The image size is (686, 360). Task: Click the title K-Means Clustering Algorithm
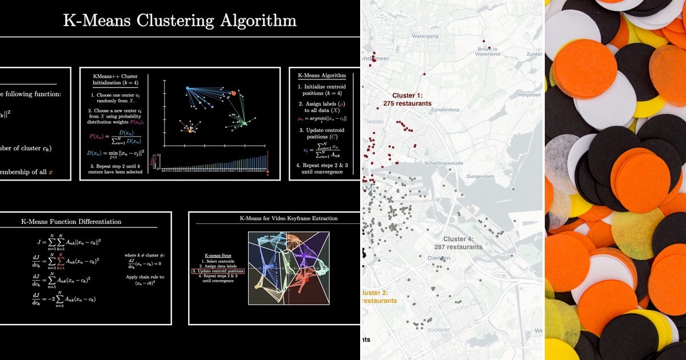point(180,21)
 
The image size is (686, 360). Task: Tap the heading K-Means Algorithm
point(325,75)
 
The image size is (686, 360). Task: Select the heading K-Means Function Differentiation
point(71,221)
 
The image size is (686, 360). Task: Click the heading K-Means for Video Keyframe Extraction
point(288,218)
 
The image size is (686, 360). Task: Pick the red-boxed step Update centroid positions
point(218,271)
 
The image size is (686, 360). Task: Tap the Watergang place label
point(424,36)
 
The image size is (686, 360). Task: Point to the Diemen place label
point(439,258)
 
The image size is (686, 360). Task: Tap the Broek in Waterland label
point(488,51)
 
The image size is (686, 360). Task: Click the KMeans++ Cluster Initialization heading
point(114,81)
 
